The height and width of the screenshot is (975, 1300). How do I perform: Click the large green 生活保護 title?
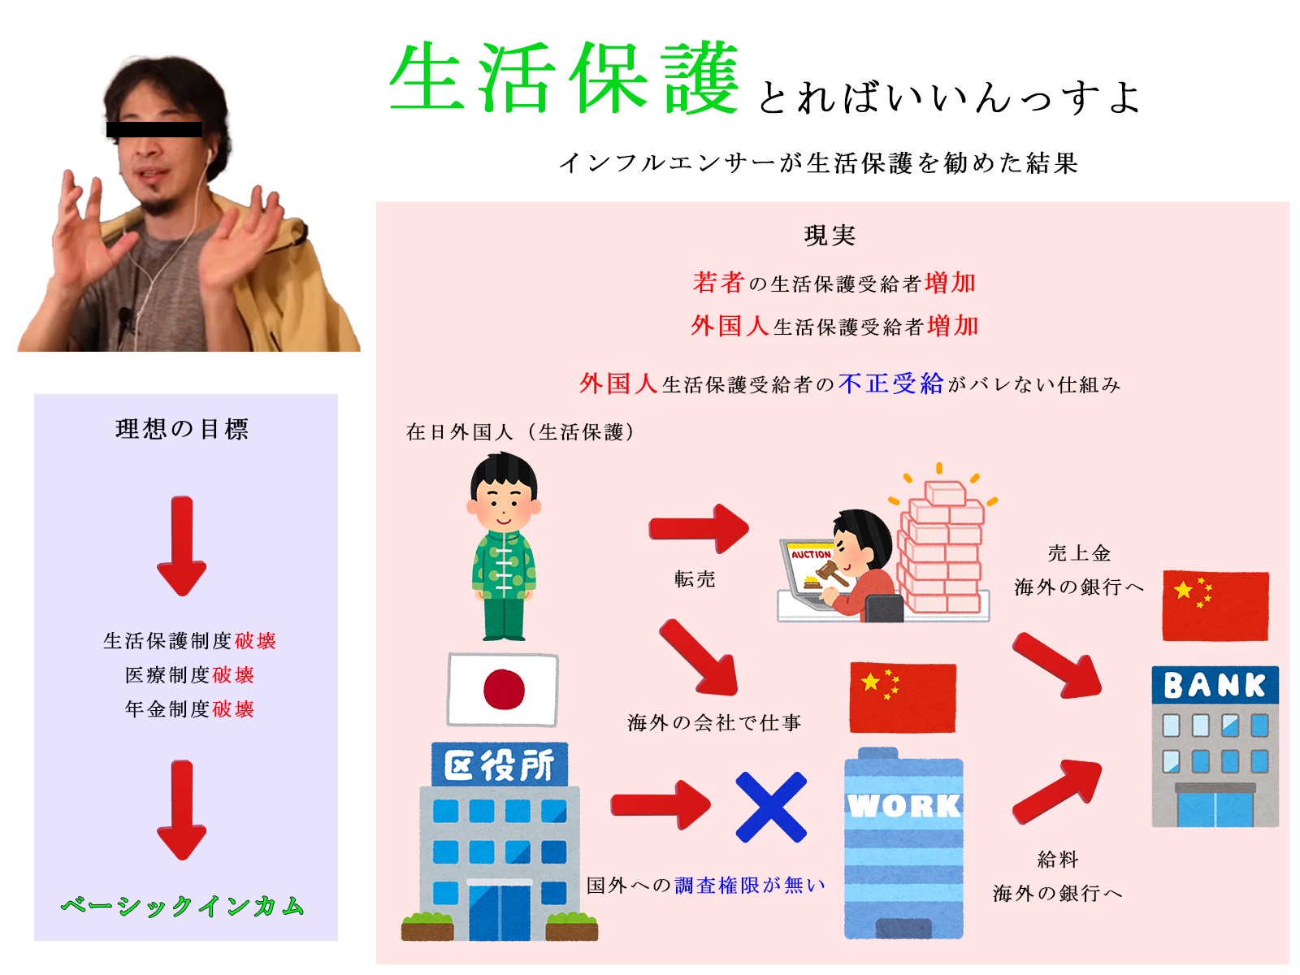click(563, 77)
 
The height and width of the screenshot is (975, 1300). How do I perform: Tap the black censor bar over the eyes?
click(154, 129)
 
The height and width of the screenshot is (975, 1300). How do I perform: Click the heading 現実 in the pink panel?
click(830, 236)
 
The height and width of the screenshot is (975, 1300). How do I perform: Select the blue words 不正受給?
click(890, 383)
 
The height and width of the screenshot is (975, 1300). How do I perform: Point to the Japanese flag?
click(502, 689)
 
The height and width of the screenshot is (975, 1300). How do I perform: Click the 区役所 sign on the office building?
click(499, 765)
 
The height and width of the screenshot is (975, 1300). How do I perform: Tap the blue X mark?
click(770, 806)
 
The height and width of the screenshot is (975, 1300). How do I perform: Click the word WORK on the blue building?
click(903, 805)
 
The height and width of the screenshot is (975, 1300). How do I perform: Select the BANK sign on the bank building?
click(1214, 685)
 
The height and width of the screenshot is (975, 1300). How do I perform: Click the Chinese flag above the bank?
click(1215, 605)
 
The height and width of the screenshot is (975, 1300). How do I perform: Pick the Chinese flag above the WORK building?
click(903, 697)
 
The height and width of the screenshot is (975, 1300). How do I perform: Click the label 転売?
click(695, 578)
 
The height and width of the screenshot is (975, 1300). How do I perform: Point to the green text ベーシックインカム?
click(183, 906)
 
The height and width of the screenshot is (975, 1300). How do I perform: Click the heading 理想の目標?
click(183, 429)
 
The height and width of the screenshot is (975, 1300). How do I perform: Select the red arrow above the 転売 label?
click(699, 528)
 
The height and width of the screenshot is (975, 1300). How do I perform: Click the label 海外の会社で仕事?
click(714, 722)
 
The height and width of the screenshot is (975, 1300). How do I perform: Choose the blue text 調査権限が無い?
click(750, 885)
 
